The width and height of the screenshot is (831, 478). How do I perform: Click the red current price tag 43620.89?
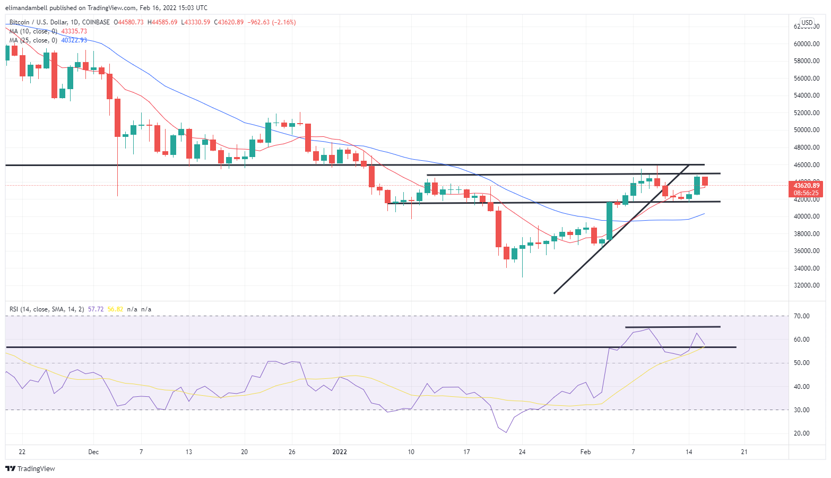807,186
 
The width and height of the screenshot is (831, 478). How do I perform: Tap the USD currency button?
807,23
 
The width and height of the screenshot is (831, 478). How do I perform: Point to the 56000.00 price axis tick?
806,79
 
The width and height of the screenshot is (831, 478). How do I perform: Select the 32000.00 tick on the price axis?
806,285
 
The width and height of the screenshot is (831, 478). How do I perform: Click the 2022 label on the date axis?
339,452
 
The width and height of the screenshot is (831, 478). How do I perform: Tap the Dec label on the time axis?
93,452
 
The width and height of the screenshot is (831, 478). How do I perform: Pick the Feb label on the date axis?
585,452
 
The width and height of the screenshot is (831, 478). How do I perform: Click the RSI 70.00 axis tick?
802,316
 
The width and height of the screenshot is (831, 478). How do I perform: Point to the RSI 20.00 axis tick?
802,433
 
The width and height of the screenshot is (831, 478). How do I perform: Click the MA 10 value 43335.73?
74,31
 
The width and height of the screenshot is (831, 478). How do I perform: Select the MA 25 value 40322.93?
74,40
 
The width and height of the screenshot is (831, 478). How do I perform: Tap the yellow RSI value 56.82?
115,309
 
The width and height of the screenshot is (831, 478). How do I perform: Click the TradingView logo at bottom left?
30,468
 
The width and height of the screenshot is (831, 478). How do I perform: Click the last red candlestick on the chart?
705,181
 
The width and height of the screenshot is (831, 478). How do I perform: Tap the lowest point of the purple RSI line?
506,432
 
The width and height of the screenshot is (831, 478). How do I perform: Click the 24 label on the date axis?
522,452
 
